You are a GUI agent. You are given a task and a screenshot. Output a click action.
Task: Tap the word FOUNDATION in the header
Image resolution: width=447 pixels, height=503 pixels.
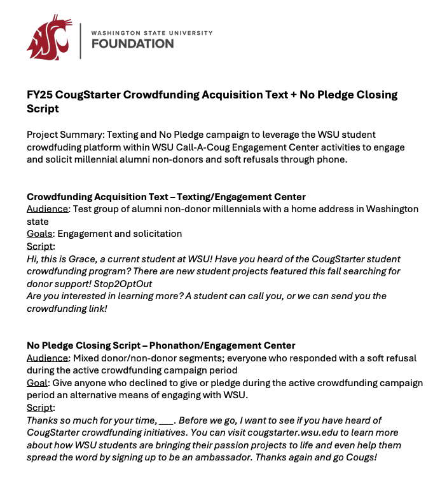pyautogui.click(x=132, y=44)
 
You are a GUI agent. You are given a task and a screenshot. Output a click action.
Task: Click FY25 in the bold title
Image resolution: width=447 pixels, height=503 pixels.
pyautogui.click(x=39, y=95)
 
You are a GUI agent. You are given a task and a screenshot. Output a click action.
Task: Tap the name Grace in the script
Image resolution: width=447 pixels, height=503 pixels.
pyautogui.click(x=86, y=259)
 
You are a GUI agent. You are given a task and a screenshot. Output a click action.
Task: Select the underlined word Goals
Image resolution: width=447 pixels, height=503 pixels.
pyautogui.click(x=39, y=234)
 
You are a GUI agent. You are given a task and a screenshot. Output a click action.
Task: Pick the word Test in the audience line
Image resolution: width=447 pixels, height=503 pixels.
pyautogui.click(x=83, y=209)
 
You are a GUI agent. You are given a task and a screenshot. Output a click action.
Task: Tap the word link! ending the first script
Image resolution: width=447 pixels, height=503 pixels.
pyautogui.click(x=94, y=308)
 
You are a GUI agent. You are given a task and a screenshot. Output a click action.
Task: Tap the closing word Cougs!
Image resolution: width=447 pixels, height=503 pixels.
pyautogui.click(x=361, y=457)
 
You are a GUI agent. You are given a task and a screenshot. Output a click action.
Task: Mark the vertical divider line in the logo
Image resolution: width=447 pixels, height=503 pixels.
pyautogui.click(x=80, y=41)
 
